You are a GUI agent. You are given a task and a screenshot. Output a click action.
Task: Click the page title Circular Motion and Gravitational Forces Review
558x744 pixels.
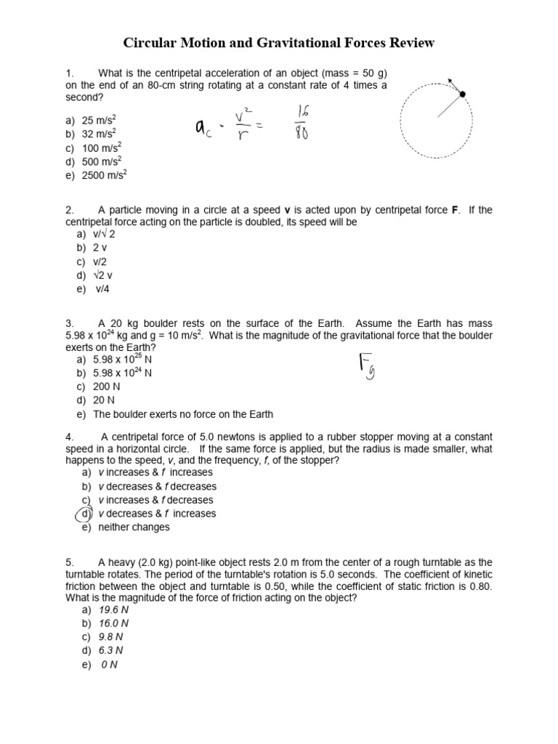(279, 43)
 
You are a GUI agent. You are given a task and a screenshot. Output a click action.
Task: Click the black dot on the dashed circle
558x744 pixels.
(462, 94)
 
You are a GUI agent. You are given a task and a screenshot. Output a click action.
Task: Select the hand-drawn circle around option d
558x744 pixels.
(85, 514)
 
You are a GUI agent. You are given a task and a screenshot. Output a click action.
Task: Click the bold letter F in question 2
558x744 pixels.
(456, 210)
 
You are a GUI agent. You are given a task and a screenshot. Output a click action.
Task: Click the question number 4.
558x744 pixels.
(70, 437)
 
